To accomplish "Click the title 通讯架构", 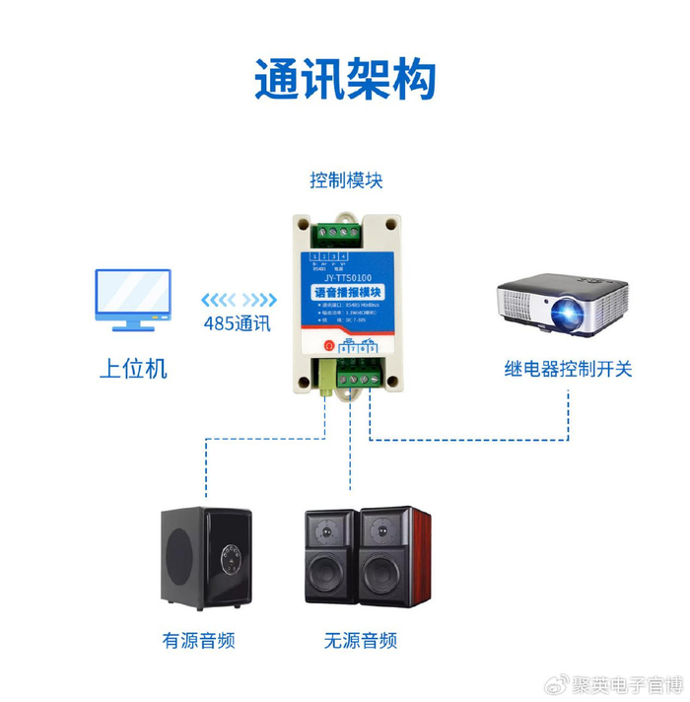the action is point(345,79).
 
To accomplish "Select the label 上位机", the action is point(133,369).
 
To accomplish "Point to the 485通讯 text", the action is point(237,323).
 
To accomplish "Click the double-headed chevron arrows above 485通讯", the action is point(237,299).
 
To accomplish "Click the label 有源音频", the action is point(199,640).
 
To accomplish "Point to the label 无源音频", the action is point(361,640).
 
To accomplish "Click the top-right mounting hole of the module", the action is point(392,224).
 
